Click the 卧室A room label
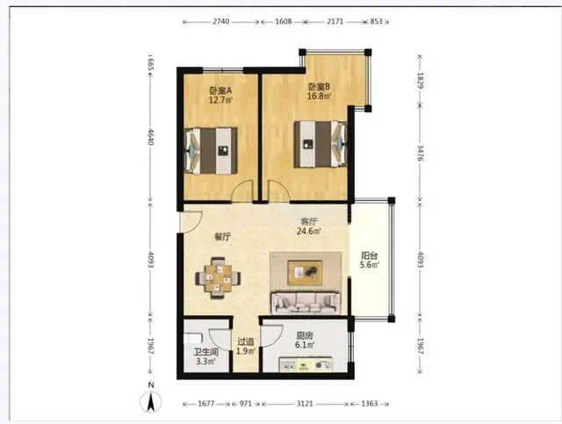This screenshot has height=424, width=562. click(x=220, y=90)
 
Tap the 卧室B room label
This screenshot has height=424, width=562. click(x=319, y=87)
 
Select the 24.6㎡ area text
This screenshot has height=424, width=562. click(x=308, y=231)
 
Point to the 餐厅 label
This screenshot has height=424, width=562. click(x=222, y=236)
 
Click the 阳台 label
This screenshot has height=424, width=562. click(x=369, y=256)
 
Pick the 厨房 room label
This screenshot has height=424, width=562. click(x=305, y=336)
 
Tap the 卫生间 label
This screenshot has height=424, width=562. click(x=206, y=352)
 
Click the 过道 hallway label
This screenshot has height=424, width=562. click(x=246, y=342)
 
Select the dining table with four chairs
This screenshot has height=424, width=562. click(x=218, y=277)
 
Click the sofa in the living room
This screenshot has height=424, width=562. click(x=306, y=303)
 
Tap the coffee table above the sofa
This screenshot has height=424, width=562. click(x=305, y=273)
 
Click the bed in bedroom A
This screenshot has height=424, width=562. click(x=211, y=151)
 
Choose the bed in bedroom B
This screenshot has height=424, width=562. click(x=321, y=144)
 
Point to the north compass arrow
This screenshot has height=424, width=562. click(x=151, y=402)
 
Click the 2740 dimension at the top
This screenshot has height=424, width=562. click(x=220, y=21)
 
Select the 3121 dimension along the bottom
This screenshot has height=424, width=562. click(x=305, y=404)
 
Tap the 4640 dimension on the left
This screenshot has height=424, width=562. click(x=150, y=137)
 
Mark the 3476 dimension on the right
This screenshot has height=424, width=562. click(x=421, y=153)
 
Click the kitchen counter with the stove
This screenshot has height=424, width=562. click(x=306, y=364)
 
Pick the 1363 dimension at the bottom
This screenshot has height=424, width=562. click(x=370, y=404)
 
